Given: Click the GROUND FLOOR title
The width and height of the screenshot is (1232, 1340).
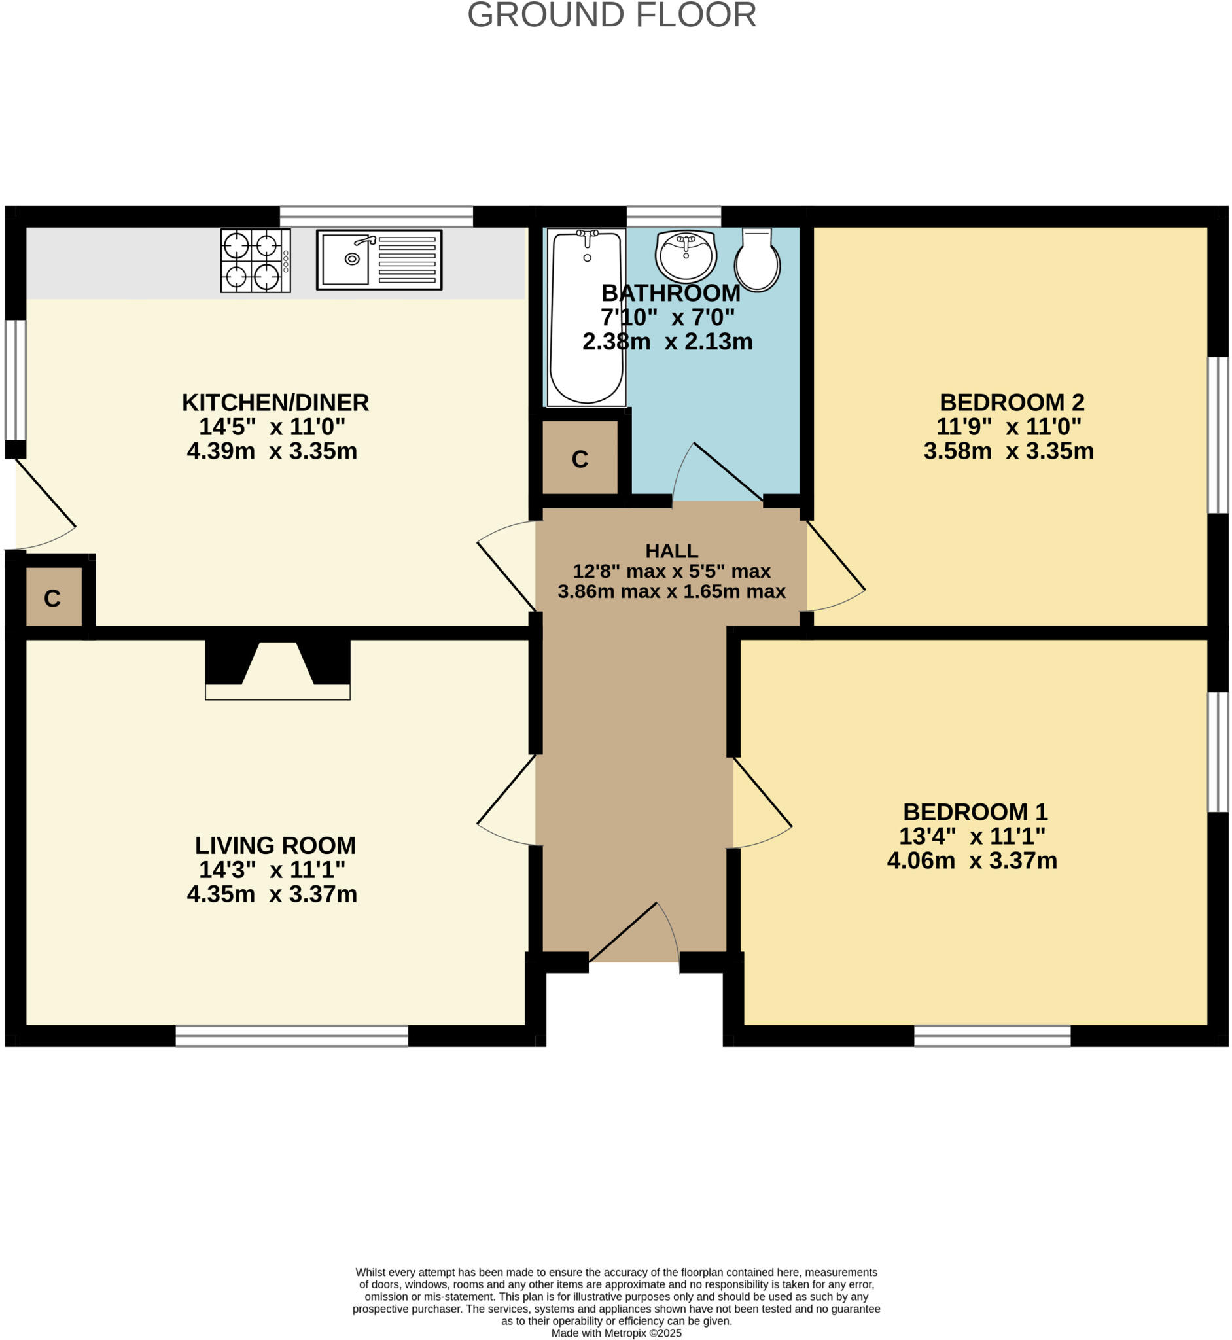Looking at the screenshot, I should [x=611, y=14].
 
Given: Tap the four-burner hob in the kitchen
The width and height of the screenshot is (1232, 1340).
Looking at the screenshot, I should [x=255, y=260].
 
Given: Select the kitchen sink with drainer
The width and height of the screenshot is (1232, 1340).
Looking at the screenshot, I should [x=379, y=259].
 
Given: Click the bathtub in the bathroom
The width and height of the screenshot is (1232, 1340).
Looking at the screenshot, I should [x=586, y=317].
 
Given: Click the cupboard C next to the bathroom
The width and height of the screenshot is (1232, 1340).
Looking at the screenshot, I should [x=579, y=458].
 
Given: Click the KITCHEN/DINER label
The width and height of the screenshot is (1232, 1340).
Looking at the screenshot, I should [x=275, y=402].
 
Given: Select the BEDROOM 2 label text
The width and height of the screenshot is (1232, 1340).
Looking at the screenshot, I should [x=1012, y=402].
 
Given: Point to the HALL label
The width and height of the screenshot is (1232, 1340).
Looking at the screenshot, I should [x=671, y=551].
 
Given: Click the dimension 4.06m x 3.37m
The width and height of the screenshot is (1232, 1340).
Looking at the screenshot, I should [x=972, y=860].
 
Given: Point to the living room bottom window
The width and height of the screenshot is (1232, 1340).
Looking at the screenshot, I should [x=291, y=1035].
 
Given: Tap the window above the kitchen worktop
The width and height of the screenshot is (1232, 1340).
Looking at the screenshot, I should [x=376, y=217].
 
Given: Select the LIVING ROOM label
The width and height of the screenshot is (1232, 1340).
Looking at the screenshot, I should [x=275, y=845].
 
